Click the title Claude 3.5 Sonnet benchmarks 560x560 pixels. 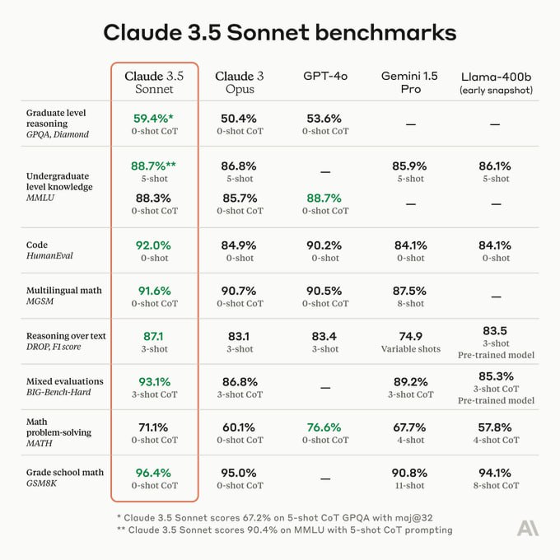point(279,32)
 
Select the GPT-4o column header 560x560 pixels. point(324,76)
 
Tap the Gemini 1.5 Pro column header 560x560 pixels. point(410,82)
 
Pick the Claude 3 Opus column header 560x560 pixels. point(240,82)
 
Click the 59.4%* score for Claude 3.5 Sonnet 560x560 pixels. point(153,119)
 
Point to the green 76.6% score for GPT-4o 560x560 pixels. point(324,427)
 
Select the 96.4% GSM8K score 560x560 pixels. point(155,473)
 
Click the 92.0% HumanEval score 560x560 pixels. point(155,245)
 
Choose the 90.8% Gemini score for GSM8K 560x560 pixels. point(410,473)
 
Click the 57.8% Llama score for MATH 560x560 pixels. point(495,427)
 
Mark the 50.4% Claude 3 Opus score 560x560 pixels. point(240,119)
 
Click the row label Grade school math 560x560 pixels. point(65,472)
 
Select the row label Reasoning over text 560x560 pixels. point(66,336)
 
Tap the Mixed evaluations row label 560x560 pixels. point(65,381)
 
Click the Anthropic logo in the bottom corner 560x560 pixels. point(528,527)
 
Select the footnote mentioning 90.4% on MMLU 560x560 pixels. point(284,530)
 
